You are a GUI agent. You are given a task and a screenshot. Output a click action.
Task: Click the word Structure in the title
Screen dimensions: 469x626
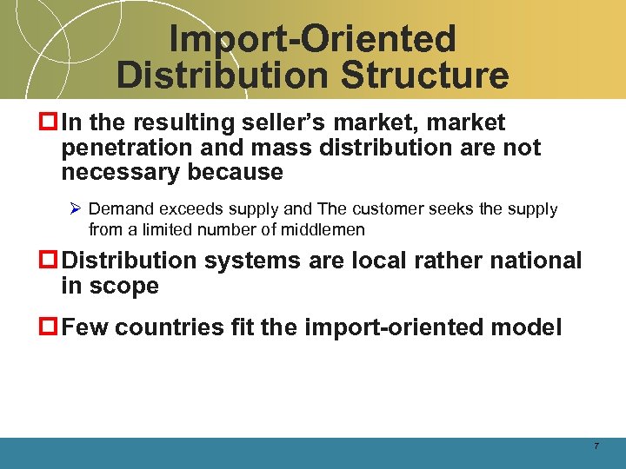(425, 75)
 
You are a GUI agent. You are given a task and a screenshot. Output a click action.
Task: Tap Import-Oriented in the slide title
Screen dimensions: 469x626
(312, 39)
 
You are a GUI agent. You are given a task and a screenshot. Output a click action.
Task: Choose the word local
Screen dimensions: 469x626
(381, 261)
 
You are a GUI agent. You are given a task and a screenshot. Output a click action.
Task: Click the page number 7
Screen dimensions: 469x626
(596, 446)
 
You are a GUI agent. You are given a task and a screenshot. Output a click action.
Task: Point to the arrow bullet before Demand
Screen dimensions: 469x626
(77, 209)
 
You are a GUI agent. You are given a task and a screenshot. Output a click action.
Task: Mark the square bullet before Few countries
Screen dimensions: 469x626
(50, 328)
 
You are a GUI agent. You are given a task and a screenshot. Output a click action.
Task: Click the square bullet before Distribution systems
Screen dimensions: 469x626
(50, 261)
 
